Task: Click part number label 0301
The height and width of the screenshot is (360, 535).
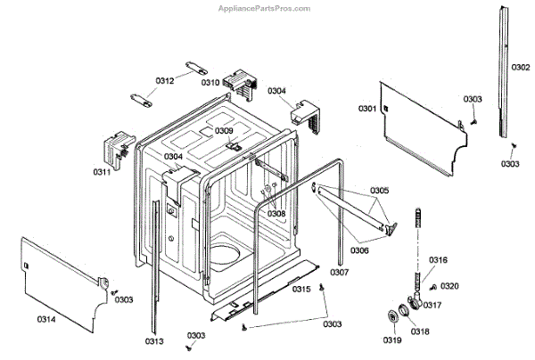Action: coord(367,108)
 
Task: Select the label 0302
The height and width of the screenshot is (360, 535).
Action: coord(521,67)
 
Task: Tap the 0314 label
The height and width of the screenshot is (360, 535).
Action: coord(46,319)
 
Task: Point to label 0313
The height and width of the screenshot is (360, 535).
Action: coord(154,340)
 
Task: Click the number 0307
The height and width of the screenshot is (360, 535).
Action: coord(339,272)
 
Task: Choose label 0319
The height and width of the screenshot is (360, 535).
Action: coord(393,340)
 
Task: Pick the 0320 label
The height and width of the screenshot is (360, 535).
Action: coord(450,286)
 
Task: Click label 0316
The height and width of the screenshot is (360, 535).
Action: coord(438,260)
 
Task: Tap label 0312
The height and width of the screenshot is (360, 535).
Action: coord(164,81)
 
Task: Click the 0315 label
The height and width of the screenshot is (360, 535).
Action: coord(301,290)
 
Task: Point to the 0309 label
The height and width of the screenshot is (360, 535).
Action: coord(223,131)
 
